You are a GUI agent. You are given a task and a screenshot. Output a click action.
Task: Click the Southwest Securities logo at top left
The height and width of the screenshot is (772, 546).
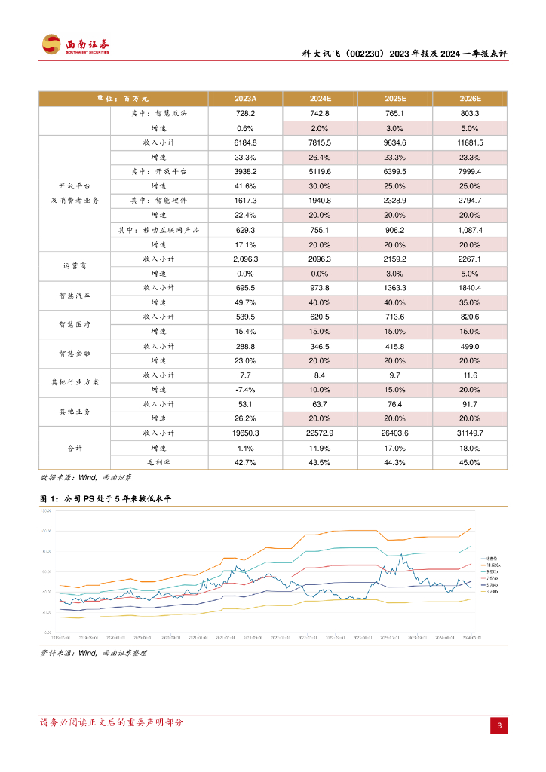click(x=75, y=45)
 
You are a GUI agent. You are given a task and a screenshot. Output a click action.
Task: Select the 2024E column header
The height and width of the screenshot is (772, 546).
click(x=320, y=99)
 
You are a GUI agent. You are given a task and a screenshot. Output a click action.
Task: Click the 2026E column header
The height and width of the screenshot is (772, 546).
click(x=469, y=99)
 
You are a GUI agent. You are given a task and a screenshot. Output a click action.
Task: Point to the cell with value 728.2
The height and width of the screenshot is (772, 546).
click(x=245, y=113)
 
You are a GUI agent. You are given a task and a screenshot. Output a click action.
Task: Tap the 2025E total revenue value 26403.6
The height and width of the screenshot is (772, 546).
click(x=395, y=433)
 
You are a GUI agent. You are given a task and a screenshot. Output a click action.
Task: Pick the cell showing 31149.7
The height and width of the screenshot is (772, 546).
click(x=469, y=433)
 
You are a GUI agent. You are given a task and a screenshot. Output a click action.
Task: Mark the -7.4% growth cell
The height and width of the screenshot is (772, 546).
click(x=245, y=389)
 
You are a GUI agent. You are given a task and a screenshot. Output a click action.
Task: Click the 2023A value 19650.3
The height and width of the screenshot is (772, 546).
click(x=245, y=433)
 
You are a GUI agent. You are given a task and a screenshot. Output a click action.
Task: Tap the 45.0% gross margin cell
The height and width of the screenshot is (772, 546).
click(x=469, y=461)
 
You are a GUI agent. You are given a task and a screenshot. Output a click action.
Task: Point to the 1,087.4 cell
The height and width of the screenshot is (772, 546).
click(x=469, y=229)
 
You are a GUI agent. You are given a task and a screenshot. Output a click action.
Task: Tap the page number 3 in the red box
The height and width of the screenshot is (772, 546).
click(x=498, y=725)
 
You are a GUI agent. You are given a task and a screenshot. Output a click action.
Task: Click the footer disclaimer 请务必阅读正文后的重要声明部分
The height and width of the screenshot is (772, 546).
click(x=112, y=722)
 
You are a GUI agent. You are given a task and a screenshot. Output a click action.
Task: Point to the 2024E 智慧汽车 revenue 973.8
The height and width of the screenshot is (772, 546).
click(x=320, y=288)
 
